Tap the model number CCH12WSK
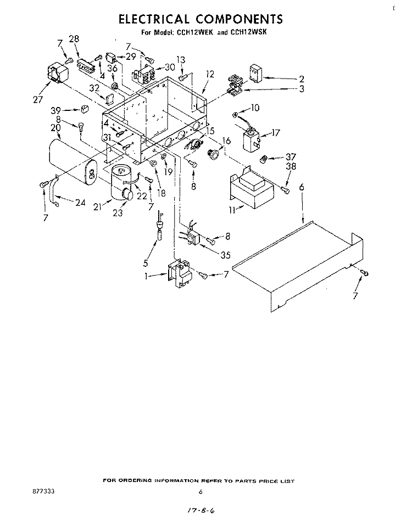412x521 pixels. point(248,32)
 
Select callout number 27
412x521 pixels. point(38,99)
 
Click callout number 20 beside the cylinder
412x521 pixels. point(55,127)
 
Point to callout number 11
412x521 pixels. point(232,210)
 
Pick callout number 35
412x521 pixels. point(225,255)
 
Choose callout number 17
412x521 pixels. point(276,132)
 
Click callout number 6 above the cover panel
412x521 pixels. point(302,187)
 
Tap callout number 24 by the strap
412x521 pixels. point(80,203)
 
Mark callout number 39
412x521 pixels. point(56,111)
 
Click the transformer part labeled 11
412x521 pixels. point(252,188)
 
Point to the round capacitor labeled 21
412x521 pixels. point(122,183)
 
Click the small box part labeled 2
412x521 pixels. point(255,73)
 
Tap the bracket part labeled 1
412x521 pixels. point(180,273)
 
